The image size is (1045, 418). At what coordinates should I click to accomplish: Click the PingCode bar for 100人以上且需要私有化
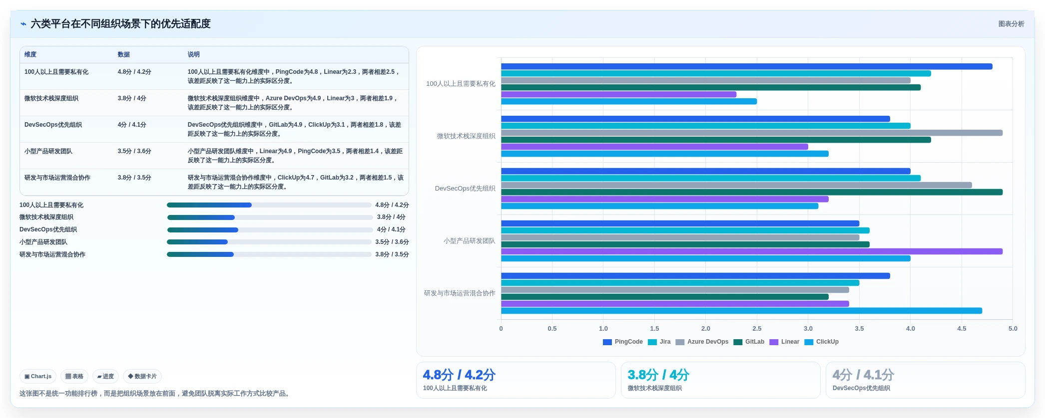tap(746, 66)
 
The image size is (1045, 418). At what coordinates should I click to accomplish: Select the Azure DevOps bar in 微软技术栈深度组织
tap(752, 133)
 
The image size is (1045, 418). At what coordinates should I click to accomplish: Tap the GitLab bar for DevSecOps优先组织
tap(752, 192)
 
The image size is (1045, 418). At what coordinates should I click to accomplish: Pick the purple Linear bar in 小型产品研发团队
tap(752, 251)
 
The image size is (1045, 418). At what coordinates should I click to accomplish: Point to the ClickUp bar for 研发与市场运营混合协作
tap(741, 311)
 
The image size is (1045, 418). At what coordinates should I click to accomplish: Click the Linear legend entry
tap(784, 342)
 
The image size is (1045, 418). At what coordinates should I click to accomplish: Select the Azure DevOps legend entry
tap(702, 342)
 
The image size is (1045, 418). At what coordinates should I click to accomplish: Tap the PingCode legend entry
tap(623, 342)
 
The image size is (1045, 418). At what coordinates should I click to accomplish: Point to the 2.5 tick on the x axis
tap(757, 329)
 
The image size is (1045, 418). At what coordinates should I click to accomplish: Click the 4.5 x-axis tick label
tap(962, 329)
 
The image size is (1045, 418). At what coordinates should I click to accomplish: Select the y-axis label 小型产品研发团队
tap(470, 241)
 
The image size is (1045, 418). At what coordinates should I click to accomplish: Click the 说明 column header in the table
tap(193, 54)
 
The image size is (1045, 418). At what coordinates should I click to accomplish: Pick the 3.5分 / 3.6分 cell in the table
tap(134, 151)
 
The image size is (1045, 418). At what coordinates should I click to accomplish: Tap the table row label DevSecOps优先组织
tap(53, 125)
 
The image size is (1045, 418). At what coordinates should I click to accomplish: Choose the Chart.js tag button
tap(38, 377)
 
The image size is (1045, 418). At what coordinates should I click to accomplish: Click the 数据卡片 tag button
tap(142, 377)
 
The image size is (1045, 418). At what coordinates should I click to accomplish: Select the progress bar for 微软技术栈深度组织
tap(270, 217)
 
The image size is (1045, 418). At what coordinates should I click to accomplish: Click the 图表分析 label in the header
tap(1011, 24)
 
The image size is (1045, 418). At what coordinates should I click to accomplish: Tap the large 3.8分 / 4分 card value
tap(658, 375)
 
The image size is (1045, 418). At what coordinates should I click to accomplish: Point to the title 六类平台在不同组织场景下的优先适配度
tap(120, 24)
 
